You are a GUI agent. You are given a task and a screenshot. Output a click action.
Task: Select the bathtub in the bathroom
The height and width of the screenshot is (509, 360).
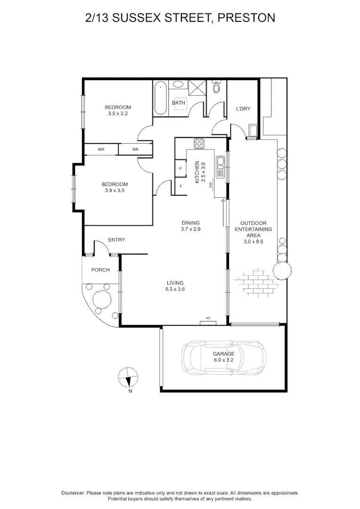[161, 98]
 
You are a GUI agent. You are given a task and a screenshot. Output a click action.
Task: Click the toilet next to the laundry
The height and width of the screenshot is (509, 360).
[217, 87]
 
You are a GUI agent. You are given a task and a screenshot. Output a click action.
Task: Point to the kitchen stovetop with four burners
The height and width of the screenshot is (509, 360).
[200, 144]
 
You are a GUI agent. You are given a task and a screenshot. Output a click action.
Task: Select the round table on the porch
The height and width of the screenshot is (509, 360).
[101, 298]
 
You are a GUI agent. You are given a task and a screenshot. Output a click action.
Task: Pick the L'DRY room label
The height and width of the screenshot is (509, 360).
[243, 109]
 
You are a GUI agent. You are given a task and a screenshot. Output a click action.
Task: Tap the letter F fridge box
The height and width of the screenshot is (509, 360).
[181, 186]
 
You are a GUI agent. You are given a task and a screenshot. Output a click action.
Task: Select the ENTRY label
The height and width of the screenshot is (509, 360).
[116, 240]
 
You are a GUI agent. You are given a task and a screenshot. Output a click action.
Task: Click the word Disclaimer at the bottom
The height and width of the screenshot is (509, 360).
[73, 493]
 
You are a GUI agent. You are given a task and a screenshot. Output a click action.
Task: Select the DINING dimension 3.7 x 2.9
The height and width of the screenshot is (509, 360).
[190, 230]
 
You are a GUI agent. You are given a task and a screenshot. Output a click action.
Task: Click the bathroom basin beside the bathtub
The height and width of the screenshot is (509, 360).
[179, 85]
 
